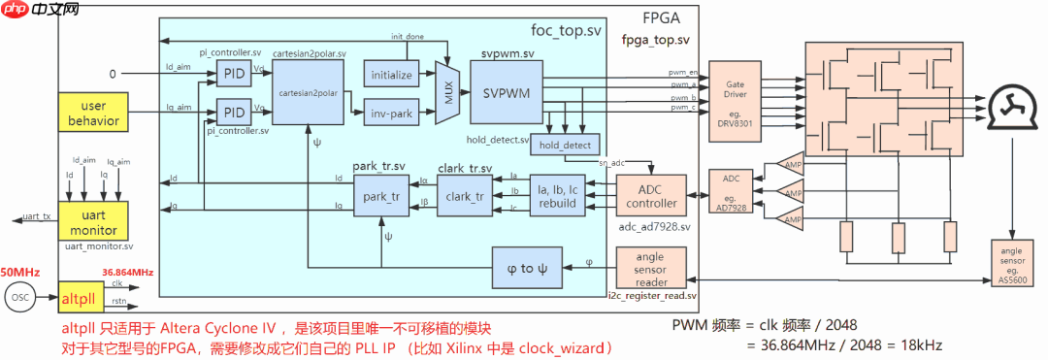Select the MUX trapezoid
[x=447, y=94]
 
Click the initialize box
[x=391, y=74]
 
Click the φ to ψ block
[x=527, y=268]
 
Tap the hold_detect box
[x=565, y=145]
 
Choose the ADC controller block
[x=651, y=195]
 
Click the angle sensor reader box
[x=651, y=268]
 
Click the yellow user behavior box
[x=93, y=114]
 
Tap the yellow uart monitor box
[x=93, y=222]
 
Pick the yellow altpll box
[x=77, y=297]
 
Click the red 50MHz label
[x=20, y=272]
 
